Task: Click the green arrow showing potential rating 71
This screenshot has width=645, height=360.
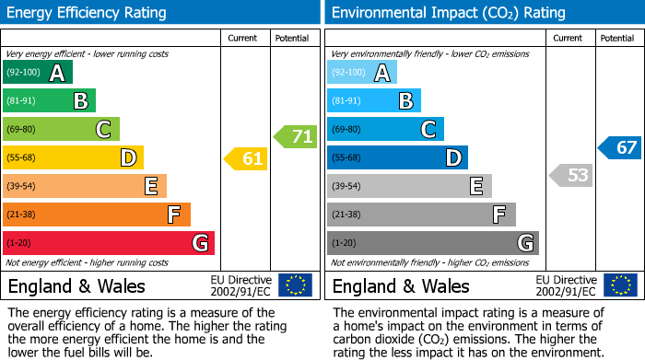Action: [x=296, y=137]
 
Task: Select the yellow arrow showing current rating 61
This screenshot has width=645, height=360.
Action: [x=247, y=159]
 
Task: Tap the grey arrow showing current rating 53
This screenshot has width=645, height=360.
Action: [x=571, y=175]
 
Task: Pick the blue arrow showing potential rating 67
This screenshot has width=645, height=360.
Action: [x=620, y=147]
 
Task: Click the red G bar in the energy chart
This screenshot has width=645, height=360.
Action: [x=109, y=243]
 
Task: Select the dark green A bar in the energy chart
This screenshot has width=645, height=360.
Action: [x=38, y=73]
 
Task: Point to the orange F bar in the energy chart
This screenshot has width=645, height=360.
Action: [x=97, y=215]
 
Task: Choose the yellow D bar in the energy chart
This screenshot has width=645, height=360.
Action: [x=73, y=157]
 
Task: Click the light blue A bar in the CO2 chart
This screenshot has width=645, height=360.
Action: [x=362, y=73]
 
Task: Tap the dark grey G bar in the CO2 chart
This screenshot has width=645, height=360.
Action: [x=432, y=243]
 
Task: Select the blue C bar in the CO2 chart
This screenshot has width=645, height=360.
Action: [x=385, y=129]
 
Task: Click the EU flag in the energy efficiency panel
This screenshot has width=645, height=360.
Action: [x=295, y=285]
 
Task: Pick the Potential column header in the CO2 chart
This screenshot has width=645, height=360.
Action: [x=616, y=38]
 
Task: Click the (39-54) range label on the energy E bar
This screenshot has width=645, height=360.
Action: [x=21, y=187]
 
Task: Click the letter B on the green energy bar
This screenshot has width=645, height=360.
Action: [x=80, y=101]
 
